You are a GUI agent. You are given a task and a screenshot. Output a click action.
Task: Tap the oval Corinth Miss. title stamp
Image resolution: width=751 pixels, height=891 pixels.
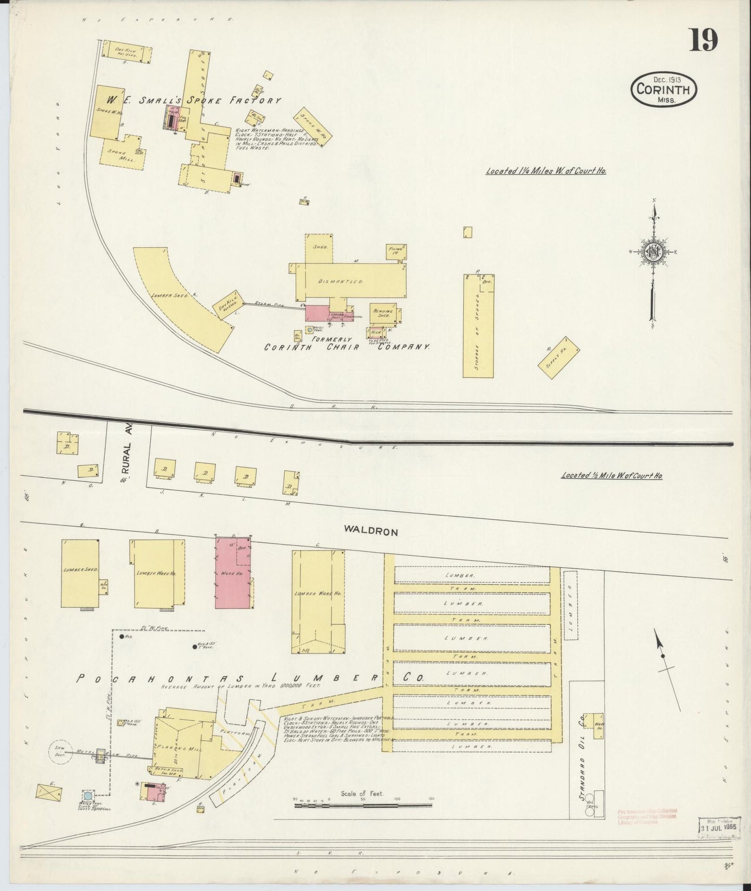(664, 90)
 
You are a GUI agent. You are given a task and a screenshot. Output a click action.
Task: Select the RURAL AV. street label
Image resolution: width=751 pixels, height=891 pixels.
(129, 455)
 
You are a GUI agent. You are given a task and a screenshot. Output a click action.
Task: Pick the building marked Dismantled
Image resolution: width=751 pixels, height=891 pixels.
(351, 281)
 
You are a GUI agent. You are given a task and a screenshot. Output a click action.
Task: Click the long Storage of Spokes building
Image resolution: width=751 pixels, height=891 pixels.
(478, 325)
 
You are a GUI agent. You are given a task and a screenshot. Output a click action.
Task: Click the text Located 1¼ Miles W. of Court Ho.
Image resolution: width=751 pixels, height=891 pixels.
(546, 171)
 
